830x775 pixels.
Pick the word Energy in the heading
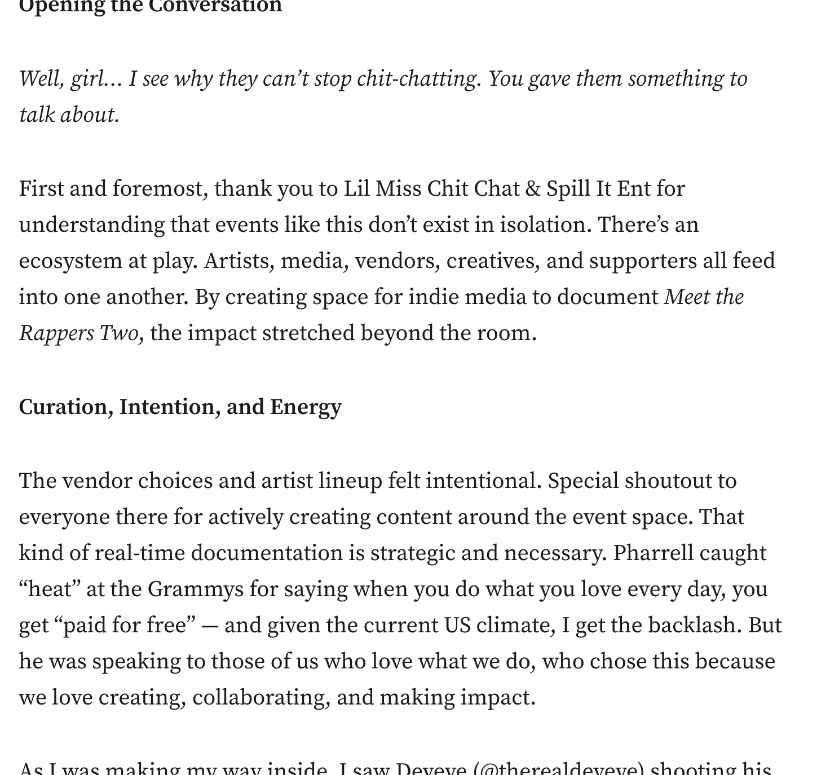[306, 407]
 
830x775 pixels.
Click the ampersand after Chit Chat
[533, 189]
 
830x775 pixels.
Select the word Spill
[568, 189]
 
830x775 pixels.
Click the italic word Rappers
[56, 333]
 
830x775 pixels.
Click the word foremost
[157, 189]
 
